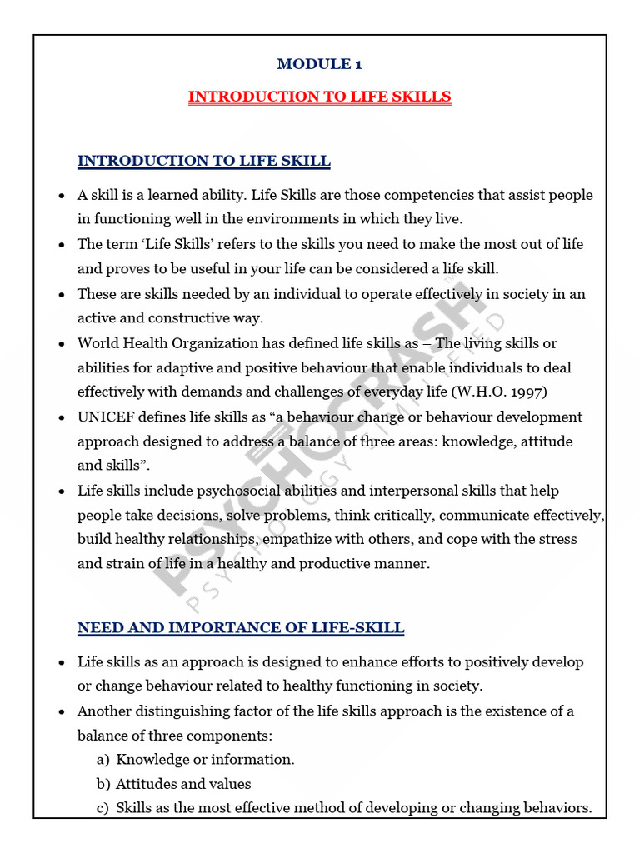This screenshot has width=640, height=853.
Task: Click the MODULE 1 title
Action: click(x=319, y=64)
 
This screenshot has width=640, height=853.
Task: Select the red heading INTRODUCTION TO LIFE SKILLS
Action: click(x=319, y=97)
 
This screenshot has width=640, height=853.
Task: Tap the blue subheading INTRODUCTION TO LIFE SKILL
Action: click(x=203, y=161)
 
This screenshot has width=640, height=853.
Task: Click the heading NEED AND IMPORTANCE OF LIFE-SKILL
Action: click(x=241, y=628)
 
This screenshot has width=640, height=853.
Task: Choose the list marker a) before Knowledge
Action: click(x=103, y=760)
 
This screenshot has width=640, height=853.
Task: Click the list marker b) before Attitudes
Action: click(x=103, y=784)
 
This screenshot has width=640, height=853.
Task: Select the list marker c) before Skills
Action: click(x=103, y=808)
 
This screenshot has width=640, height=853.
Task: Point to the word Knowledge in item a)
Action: click(x=153, y=760)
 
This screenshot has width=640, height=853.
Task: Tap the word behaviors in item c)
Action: click(x=557, y=808)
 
